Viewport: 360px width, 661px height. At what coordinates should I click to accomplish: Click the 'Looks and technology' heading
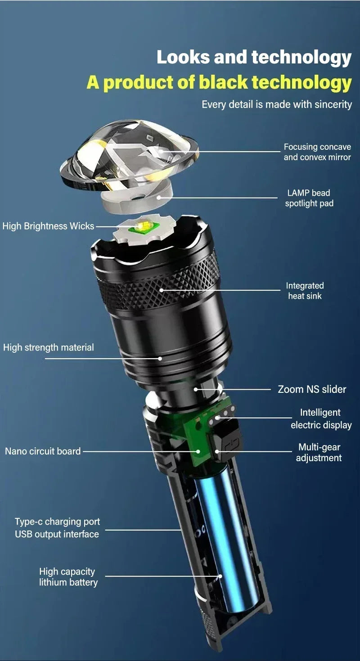coord(254,58)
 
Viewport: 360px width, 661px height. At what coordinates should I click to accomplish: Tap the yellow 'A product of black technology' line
coord(219,82)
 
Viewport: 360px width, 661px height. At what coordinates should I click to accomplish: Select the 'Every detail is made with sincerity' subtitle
coord(276,104)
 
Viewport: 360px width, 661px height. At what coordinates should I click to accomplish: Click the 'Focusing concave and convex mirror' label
coord(317,152)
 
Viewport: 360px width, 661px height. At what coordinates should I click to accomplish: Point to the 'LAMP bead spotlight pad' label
coord(309,198)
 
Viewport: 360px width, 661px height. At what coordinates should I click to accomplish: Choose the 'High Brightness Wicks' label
coord(48,226)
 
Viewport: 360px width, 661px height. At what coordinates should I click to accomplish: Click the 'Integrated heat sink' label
coord(305,291)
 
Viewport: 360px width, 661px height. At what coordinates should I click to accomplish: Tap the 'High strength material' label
coord(49,347)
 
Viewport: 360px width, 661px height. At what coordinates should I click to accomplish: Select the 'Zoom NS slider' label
coord(312,389)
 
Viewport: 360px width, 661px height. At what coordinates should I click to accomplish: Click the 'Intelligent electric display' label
coord(321,418)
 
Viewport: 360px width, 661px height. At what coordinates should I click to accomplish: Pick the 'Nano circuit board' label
coord(43,451)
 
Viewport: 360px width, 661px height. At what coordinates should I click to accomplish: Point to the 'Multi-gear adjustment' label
coord(319,452)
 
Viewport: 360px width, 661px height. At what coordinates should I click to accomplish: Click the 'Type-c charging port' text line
coord(57,522)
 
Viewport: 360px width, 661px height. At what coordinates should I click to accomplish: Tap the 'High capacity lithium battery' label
coord(68,577)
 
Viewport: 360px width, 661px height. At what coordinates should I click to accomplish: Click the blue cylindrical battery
coord(225,540)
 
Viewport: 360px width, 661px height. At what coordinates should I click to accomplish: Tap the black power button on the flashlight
coord(228,443)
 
